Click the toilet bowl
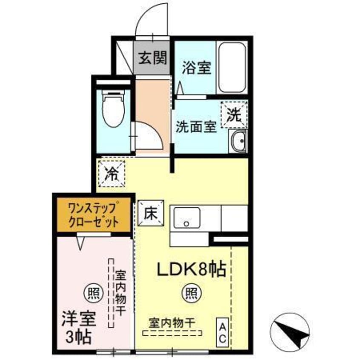click(x=113, y=111)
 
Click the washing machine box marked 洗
click(x=234, y=114)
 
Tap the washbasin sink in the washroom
click(x=237, y=140)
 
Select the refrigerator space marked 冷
click(x=112, y=174)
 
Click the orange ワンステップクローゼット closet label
click(x=94, y=216)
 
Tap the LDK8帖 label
click(x=191, y=269)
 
